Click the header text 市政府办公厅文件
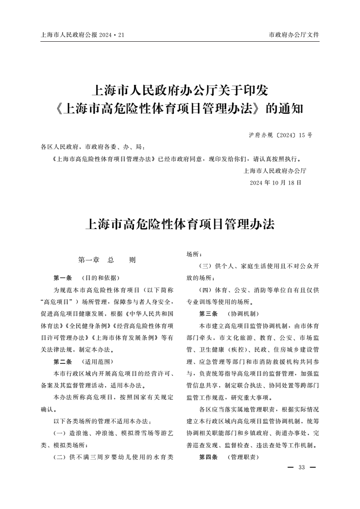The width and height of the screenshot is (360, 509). (294, 34)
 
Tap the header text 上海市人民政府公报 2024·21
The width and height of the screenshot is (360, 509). (82, 34)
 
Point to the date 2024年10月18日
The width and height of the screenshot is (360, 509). (275, 182)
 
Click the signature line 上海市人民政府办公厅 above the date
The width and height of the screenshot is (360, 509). (275, 171)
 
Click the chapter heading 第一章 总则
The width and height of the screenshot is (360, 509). (107, 260)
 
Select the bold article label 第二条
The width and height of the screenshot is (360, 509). (63, 362)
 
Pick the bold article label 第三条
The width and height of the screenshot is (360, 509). (209, 313)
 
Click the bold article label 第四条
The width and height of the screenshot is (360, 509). (209, 457)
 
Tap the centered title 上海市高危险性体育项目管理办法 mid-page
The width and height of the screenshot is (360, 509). (180, 224)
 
